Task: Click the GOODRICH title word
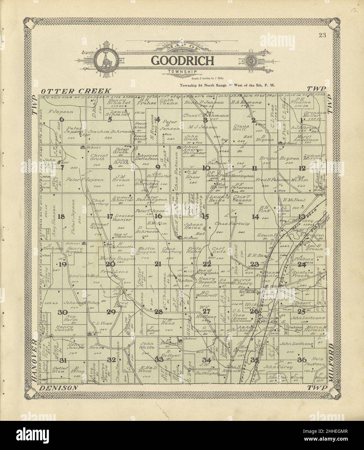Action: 183,61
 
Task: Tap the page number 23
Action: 322,36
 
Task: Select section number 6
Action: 62,119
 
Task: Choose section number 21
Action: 158,264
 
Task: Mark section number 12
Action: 302,168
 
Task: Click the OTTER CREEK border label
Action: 76,92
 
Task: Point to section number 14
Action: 256,217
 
